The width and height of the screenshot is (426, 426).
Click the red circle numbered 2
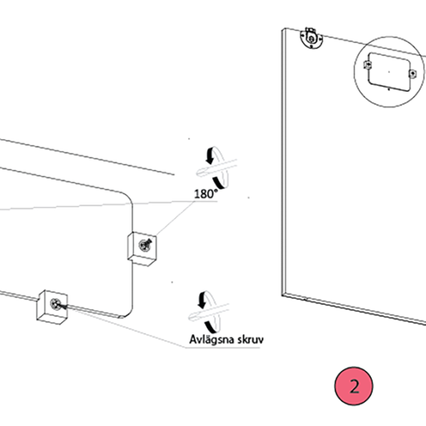click(x=354, y=386)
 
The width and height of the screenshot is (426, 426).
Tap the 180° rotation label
click(x=206, y=194)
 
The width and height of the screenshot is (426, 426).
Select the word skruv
click(x=250, y=340)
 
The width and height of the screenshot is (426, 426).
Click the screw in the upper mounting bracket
click(x=145, y=246)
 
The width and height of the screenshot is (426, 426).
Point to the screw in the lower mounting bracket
click(x=56, y=304)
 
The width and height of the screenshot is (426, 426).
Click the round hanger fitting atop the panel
click(x=312, y=38)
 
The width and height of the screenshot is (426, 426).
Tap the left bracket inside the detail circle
click(x=368, y=65)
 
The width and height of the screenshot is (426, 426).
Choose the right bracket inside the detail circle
click(x=413, y=73)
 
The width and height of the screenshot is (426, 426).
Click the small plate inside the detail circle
click(x=389, y=72)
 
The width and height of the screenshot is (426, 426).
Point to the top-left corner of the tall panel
click(x=282, y=30)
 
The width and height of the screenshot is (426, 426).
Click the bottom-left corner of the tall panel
click(x=281, y=295)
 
